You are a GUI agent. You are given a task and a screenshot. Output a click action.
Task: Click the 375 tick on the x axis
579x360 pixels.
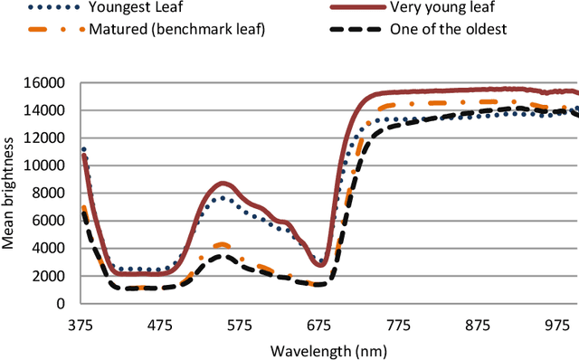point(84,324)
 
